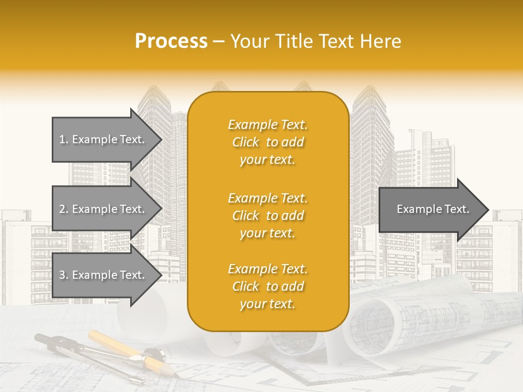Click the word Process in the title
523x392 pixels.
click(171, 41)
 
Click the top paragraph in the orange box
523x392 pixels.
click(267, 142)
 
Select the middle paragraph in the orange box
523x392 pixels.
click(267, 216)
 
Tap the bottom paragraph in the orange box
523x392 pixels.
click(267, 286)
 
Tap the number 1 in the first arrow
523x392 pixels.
click(62, 139)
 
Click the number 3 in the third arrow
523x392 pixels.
click(62, 275)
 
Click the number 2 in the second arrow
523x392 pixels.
click(62, 209)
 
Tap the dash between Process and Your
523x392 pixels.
click(218, 42)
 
